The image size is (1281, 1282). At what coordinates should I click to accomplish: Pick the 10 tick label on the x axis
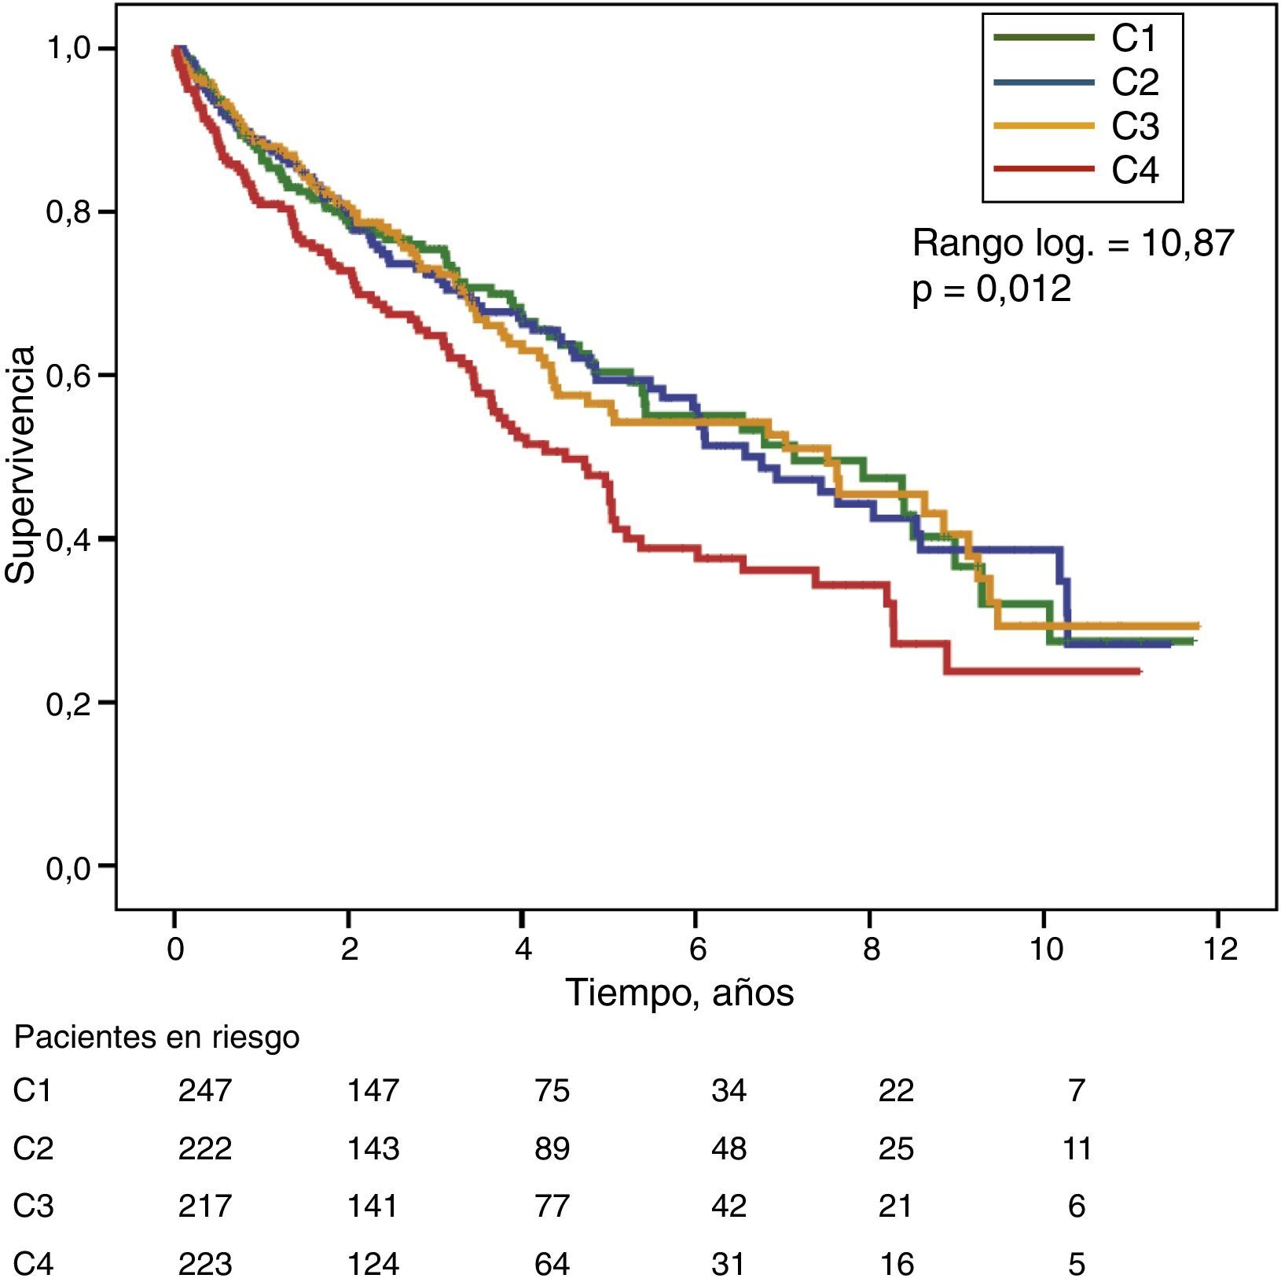pyautogui.click(x=1045, y=949)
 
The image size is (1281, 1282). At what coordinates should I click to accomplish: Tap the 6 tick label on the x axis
pyautogui.click(x=697, y=949)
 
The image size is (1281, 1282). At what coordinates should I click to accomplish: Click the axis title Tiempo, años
pyautogui.click(x=680, y=993)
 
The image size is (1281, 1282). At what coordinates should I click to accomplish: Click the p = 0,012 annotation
pyautogui.click(x=992, y=288)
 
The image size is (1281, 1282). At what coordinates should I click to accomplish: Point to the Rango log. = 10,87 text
pyautogui.click(x=1073, y=244)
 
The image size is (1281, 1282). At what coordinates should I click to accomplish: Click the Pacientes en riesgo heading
pyautogui.click(x=157, y=1038)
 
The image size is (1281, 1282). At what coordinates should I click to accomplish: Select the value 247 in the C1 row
pyautogui.click(x=205, y=1090)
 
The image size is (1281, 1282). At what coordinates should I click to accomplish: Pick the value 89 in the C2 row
pyautogui.click(x=552, y=1148)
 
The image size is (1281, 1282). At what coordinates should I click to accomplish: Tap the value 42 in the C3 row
pyautogui.click(x=729, y=1206)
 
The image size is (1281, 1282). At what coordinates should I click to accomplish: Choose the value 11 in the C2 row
pyautogui.click(x=1077, y=1148)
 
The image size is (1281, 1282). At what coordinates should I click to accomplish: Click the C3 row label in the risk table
pyautogui.click(x=33, y=1206)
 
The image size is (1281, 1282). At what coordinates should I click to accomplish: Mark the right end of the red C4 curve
pyautogui.click(x=1139, y=671)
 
